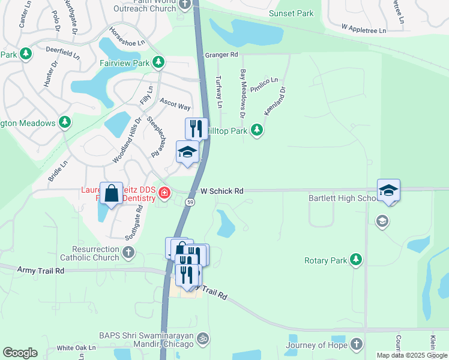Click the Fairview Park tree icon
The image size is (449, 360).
pos(158,62)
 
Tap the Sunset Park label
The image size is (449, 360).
pos(292,13)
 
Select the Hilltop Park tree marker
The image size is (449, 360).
pos(257,130)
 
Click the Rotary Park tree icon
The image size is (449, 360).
pos(357,259)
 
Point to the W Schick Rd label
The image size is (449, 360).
pos(222,191)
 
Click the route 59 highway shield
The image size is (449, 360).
pos(190,202)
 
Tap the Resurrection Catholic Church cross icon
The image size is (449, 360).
pos(128,252)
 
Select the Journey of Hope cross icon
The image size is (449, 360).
pos(357,344)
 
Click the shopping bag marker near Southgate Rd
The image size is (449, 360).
pos(112,194)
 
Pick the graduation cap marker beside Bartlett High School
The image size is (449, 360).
pos(388,190)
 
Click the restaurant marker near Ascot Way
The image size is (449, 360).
pos(196,128)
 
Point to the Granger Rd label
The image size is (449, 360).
pos(221,55)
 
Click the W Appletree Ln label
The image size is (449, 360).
pos(363,28)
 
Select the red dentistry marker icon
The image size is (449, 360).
pos(164,193)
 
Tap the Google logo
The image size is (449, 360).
pos(20,353)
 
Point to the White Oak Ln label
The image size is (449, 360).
pos(76,348)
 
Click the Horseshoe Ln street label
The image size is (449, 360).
pos(127,37)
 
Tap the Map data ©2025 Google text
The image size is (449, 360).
pos(411,355)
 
